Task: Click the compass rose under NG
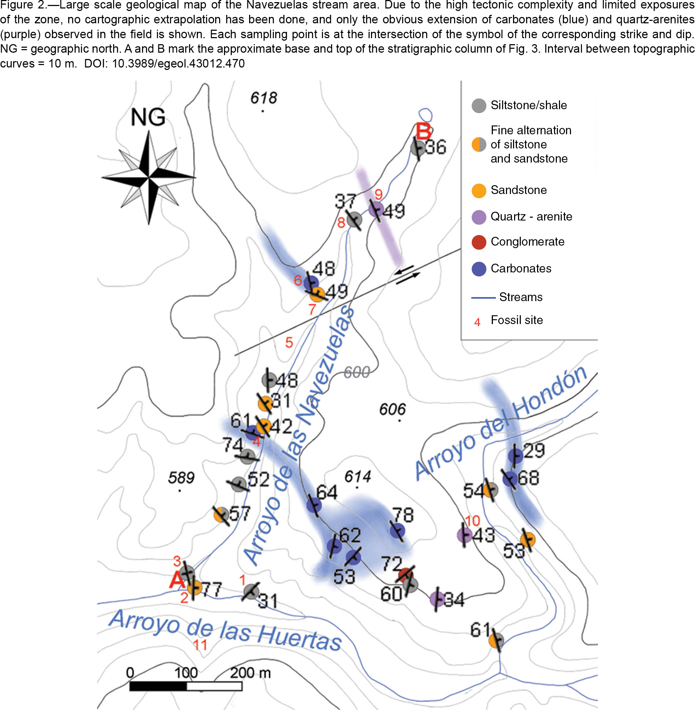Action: pyautogui.click(x=148, y=178)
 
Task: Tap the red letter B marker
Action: pyautogui.click(x=423, y=131)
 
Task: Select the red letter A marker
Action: pyautogui.click(x=177, y=579)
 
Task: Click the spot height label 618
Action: pyautogui.click(x=264, y=98)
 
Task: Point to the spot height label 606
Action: pyautogui.click(x=393, y=409)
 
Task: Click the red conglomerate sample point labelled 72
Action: pyautogui.click(x=406, y=575)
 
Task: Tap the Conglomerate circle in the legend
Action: pyautogui.click(x=478, y=242)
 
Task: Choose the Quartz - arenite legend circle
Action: pyautogui.click(x=478, y=217)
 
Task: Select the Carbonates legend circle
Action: pyautogui.click(x=478, y=269)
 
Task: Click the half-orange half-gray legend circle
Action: pyautogui.click(x=478, y=145)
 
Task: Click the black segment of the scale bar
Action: pyautogui.click(x=158, y=686)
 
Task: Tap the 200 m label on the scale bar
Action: pyautogui.click(x=251, y=673)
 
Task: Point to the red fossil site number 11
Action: pyautogui.click(x=200, y=645)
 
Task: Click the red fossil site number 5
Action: pyautogui.click(x=289, y=342)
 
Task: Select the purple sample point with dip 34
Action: pyautogui.click(x=437, y=599)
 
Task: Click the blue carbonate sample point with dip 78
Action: pyautogui.click(x=397, y=530)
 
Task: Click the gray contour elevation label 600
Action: pyautogui.click(x=357, y=372)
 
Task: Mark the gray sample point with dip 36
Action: pyautogui.click(x=418, y=148)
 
